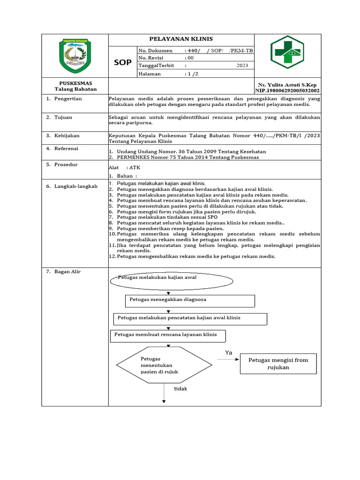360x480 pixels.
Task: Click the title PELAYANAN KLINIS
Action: click(x=181, y=39)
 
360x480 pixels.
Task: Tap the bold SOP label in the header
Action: click(x=123, y=62)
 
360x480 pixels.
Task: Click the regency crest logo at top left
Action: click(x=75, y=55)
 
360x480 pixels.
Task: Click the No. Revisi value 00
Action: click(x=190, y=58)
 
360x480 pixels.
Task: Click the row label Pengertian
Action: click(x=68, y=99)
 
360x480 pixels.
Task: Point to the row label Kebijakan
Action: click(x=67, y=135)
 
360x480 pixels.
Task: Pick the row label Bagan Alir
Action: click(x=67, y=271)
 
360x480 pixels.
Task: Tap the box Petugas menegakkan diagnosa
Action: click(x=190, y=300)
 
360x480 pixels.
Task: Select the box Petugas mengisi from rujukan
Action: click(x=278, y=364)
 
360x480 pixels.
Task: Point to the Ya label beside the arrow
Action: click(x=229, y=352)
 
